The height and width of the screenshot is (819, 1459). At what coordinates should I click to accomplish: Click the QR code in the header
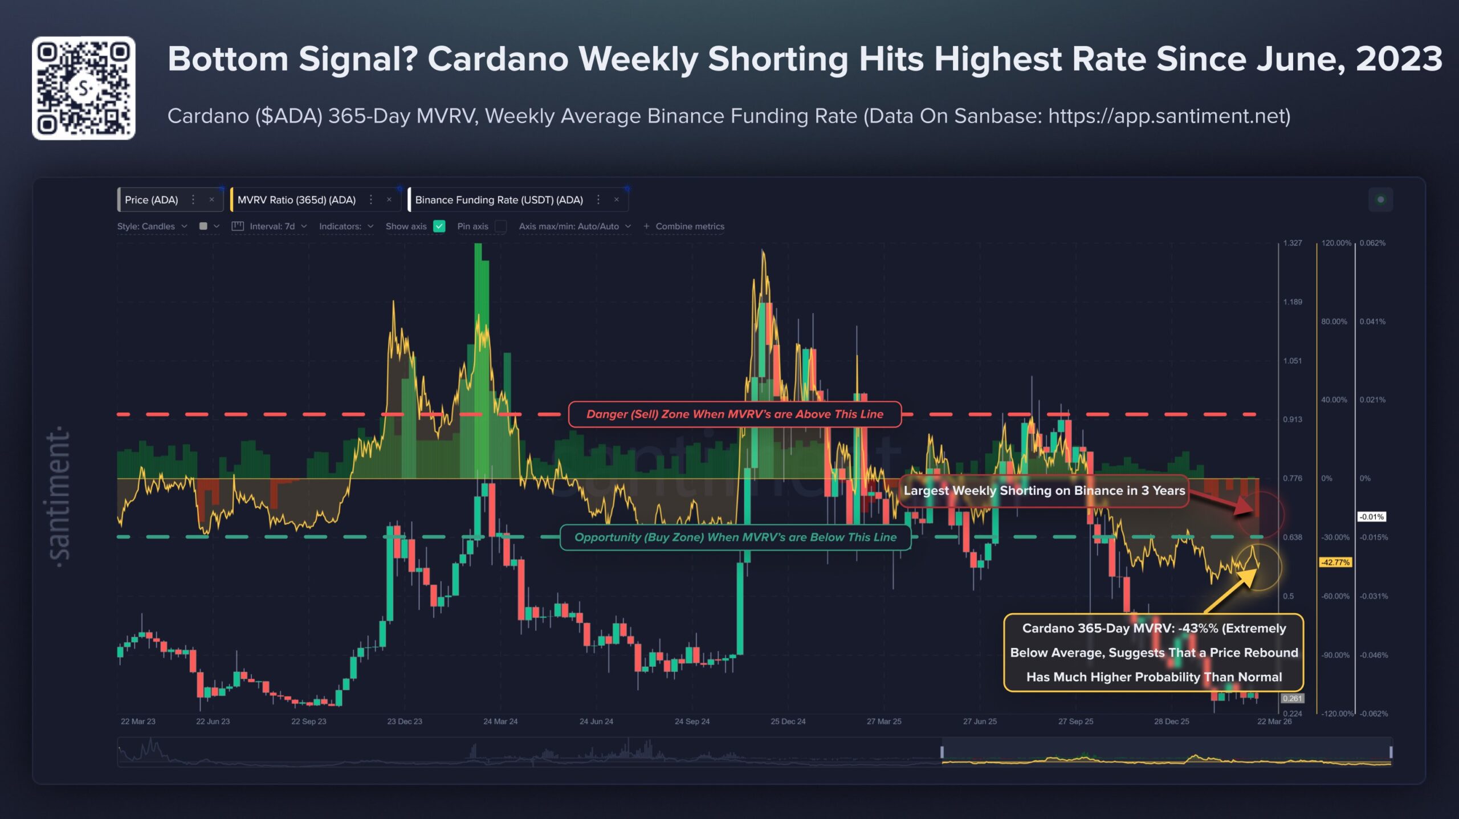pos(84,88)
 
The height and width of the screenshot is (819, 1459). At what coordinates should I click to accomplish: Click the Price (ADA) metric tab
pos(152,200)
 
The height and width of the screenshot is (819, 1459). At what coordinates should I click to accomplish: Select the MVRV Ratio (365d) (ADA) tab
pos(296,200)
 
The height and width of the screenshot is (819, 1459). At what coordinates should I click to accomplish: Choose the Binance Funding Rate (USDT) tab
pos(499,200)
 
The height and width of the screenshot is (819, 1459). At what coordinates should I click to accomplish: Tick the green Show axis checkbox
pos(439,226)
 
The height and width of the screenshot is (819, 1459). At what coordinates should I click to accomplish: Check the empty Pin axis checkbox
pos(501,226)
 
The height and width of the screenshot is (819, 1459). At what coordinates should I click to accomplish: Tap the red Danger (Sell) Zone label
pos(735,414)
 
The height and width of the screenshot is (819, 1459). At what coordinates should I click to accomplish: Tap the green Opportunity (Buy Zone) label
pos(735,537)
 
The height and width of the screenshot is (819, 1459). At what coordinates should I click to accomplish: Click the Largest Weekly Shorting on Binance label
pos(1044,491)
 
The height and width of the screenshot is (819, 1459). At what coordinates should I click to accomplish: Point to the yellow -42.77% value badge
pos(1335,563)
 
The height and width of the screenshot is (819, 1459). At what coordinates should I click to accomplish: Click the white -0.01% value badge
pos(1371,517)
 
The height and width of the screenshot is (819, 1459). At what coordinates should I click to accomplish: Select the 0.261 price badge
pos(1292,698)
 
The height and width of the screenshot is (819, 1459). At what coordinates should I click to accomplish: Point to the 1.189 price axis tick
pos(1293,302)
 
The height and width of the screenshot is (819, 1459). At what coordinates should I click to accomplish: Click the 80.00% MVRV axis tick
pos(1334,322)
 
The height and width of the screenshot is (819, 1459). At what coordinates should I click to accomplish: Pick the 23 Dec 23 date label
pos(405,722)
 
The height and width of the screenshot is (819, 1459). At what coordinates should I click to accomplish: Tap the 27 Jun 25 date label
pos(980,722)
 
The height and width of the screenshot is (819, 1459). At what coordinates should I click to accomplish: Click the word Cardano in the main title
pos(498,59)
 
